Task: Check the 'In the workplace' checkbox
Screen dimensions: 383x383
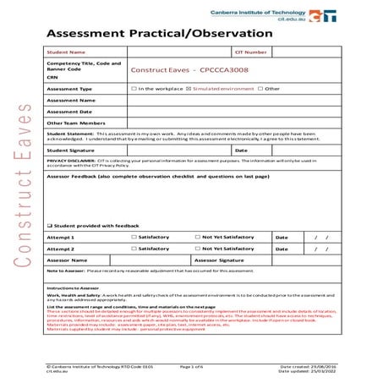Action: [x=134, y=88]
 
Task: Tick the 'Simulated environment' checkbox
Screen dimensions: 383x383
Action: [x=189, y=88]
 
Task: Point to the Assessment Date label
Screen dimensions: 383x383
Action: [x=69, y=111]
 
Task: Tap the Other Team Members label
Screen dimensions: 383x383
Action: [x=76, y=123]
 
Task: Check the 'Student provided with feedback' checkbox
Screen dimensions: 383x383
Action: [x=50, y=227]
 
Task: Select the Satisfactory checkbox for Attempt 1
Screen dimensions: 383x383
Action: [x=134, y=238]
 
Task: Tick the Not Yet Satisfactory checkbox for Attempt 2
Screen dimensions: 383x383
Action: [x=197, y=249]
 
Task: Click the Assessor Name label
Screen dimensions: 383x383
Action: [x=67, y=260]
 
